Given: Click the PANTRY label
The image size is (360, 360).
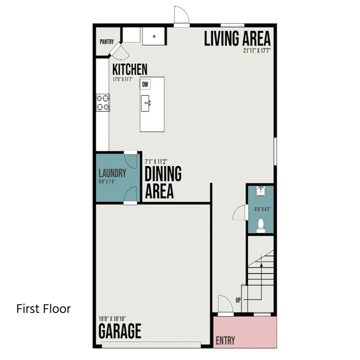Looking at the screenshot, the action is click(x=107, y=42).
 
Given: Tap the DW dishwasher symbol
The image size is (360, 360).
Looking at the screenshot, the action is click(x=145, y=84).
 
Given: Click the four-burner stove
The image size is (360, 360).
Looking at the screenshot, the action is click(x=103, y=103).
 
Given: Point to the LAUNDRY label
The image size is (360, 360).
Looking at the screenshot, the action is click(x=112, y=173).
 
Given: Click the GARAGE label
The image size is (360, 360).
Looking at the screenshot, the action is click(x=120, y=331).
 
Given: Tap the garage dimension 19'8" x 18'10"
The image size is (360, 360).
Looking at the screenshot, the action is click(x=112, y=319).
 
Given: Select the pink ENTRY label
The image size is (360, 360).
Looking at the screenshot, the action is click(x=225, y=340).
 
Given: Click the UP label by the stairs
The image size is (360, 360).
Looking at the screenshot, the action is click(x=238, y=300).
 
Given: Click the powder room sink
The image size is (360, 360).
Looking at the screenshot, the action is click(x=261, y=191).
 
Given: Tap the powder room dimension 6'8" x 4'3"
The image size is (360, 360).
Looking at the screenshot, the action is click(x=262, y=209).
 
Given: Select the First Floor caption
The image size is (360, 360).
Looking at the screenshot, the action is click(x=44, y=309).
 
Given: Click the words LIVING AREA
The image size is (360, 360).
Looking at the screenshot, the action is click(x=237, y=39).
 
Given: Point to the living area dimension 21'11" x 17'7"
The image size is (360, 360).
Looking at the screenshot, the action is click(x=257, y=51).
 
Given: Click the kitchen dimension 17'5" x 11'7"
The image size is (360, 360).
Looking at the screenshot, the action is click(x=123, y=79).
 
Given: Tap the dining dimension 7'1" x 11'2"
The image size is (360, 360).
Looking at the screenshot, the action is click(x=156, y=162).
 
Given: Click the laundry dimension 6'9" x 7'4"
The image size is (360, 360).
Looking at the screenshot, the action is click(x=107, y=182).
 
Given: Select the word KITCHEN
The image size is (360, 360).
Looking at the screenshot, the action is click(x=130, y=69).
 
